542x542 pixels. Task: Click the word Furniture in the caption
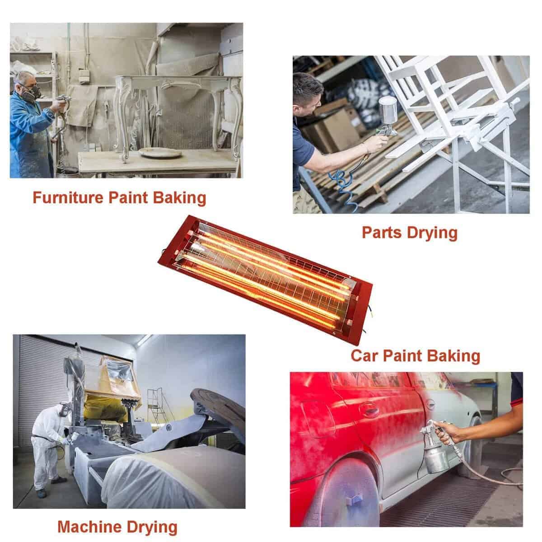(x=68, y=198)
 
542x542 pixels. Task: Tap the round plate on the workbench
(x=160, y=153)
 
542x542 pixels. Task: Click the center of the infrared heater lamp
(x=265, y=280)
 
